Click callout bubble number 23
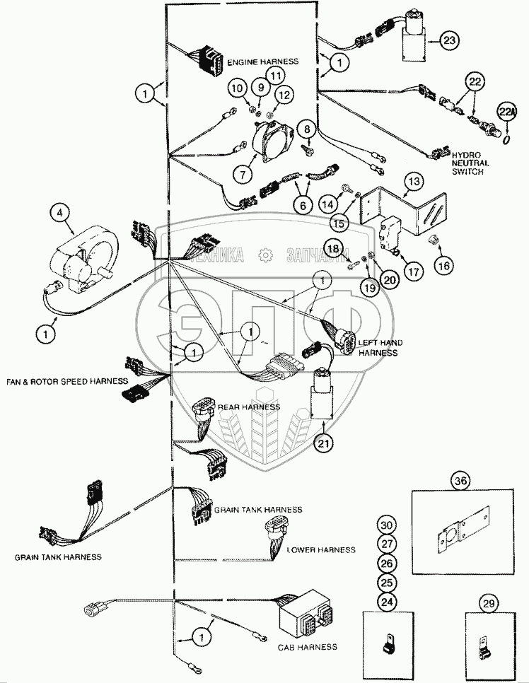[448, 41]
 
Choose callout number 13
[414, 182]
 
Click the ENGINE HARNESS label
[263, 62]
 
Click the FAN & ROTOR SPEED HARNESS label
[57, 382]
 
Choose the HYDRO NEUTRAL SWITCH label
[472, 162]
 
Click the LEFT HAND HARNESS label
[380, 348]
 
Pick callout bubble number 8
[307, 129]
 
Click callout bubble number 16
[444, 264]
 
